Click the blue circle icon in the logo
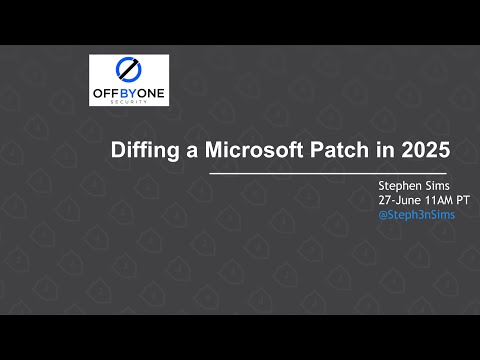tap(128, 69)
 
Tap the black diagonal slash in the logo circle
tap(128, 69)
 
